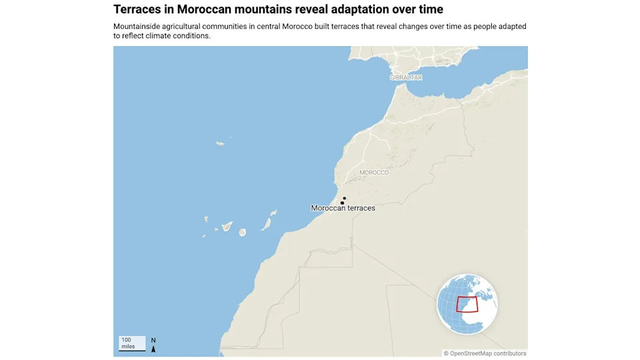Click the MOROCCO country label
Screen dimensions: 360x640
point(373,173)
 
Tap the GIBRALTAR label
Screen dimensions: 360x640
point(406,77)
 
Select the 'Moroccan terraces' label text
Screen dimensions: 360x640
point(343,208)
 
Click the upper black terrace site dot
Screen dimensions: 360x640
point(345,198)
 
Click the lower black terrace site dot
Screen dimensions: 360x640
point(342,203)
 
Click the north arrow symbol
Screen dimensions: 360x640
point(153,344)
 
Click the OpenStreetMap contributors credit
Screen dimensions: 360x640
point(485,353)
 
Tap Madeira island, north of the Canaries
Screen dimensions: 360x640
point(220,143)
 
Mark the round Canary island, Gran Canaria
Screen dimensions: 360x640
point(243,232)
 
